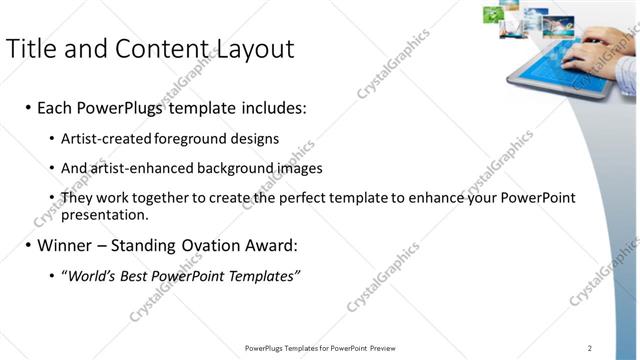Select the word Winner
pos(65,245)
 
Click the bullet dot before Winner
pos(27,245)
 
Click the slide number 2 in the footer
pos(590,348)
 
